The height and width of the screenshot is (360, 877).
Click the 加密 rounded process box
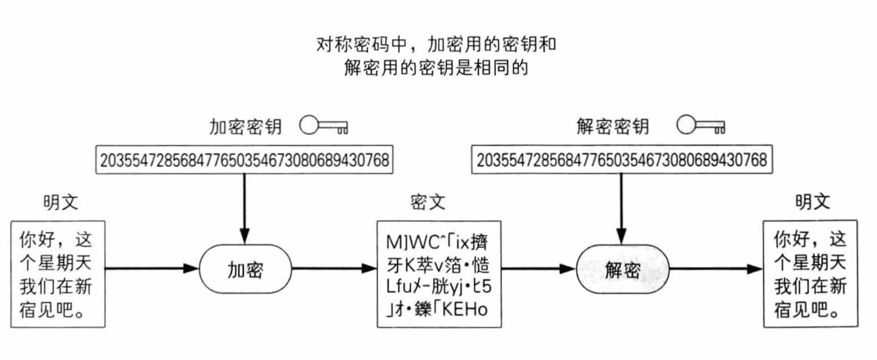click(245, 270)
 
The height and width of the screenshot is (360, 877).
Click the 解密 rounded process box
click(622, 270)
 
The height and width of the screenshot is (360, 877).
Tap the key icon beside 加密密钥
click(323, 126)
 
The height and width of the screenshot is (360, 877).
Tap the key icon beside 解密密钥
click(700, 126)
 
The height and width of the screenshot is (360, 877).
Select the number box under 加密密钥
click(244, 160)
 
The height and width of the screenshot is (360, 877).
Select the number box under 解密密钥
click(622, 160)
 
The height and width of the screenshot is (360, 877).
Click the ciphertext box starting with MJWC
click(439, 274)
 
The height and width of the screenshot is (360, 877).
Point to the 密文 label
click(428, 202)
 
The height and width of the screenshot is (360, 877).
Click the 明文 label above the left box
click(61, 202)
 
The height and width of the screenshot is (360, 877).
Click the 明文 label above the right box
click(813, 202)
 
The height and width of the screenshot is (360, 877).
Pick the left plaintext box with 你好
click(58, 274)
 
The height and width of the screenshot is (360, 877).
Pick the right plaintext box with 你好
click(811, 274)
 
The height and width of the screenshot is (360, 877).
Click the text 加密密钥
click(245, 127)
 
